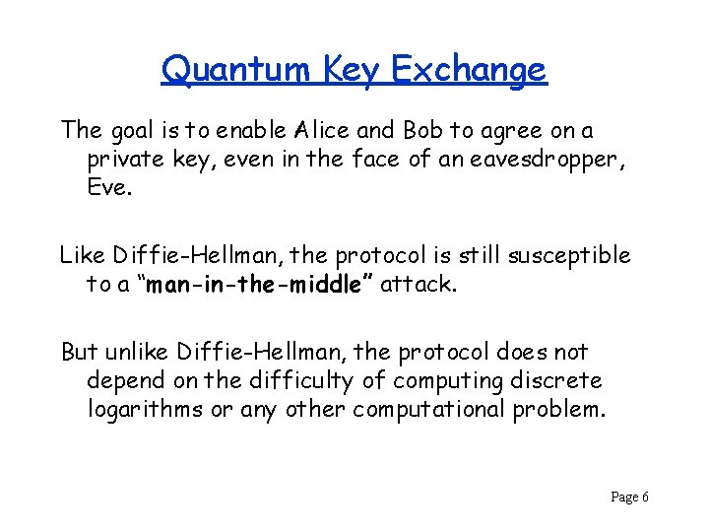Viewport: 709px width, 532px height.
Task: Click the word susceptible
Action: click(x=568, y=255)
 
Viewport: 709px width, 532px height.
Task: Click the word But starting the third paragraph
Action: click(x=79, y=352)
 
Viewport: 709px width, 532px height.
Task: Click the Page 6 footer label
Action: click(x=629, y=497)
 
